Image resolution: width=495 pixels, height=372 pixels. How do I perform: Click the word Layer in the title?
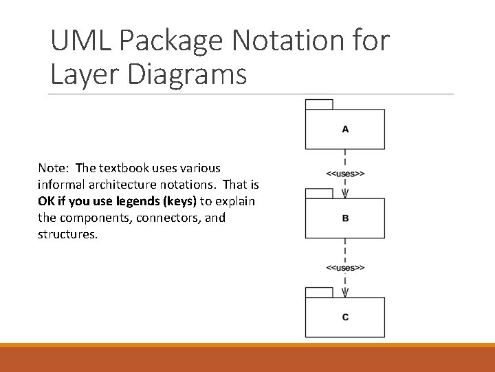(x=84, y=74)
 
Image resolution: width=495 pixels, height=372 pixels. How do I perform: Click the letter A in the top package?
(x=345, y=130)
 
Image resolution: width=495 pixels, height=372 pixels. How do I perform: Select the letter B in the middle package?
(x=345, y=218)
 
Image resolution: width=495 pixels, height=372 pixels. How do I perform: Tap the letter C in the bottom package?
(x=345, y=317)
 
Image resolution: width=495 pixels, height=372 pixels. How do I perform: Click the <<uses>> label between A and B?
(x=345, y=174)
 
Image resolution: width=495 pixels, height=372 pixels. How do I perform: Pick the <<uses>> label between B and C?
(x=345, y=267)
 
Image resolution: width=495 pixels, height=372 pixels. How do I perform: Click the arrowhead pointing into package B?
(x=345, y=194)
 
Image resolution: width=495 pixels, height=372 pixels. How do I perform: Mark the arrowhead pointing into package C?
(x=345, y=292)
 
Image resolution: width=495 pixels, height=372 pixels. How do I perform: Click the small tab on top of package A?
(x=319, y=105)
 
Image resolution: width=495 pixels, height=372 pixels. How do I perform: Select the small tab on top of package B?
(x=319, y=194)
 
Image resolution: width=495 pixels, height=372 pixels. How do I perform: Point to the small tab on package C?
(x=319, y=292)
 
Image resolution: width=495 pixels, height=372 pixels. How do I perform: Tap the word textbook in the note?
(x=124, y=168)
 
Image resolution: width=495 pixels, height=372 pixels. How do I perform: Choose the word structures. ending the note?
(x=68, y=234)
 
